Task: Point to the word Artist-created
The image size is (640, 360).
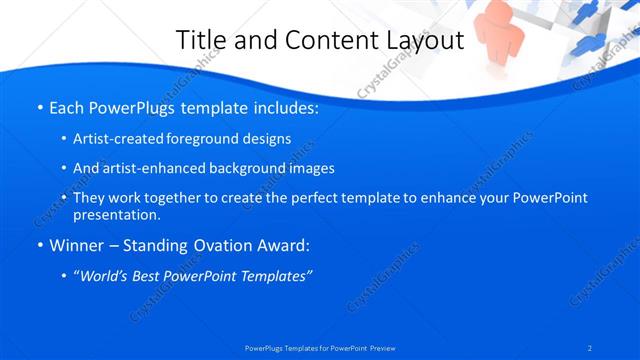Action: click(x=124, y=139)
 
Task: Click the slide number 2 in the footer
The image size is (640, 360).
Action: click(x=591, y=348)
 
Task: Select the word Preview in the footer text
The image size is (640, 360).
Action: click(x=381, y=348)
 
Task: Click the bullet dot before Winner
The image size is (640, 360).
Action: click(x=38, y=246)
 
